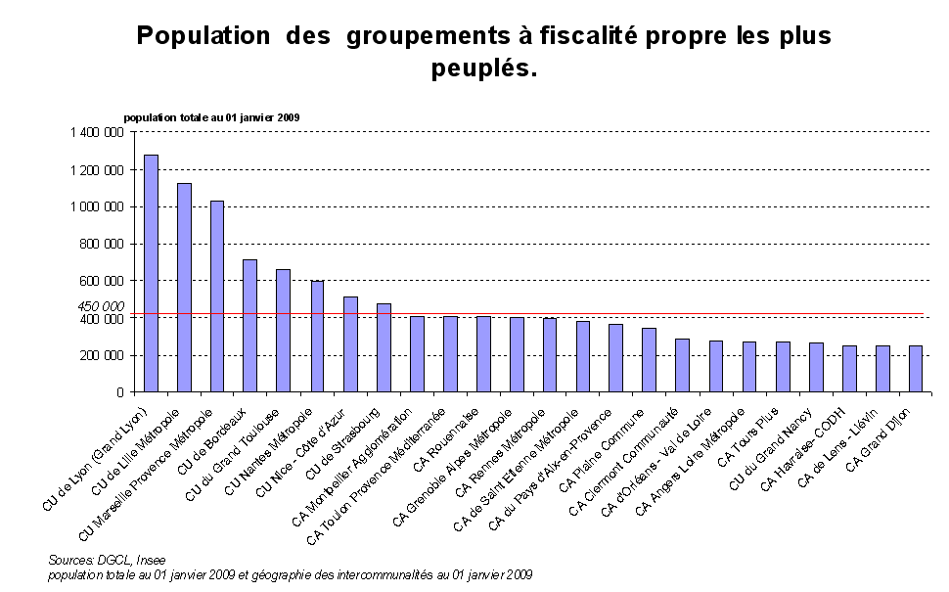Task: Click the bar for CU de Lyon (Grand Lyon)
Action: click(151, 273)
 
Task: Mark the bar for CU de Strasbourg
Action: click(384, 347)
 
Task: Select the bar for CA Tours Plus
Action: click(783, 366)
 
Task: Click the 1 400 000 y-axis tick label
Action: click(97, 132)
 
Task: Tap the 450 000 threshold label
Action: click(102, 306)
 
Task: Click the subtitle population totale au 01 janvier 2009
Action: click(211, 117)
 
